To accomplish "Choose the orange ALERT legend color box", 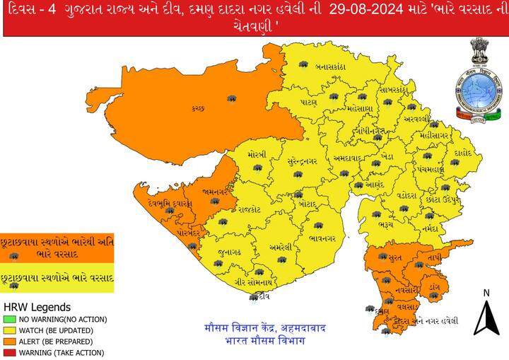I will pyautogui.click(x=8, y=342).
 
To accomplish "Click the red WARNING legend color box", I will pyautogui.click(x=8, y=352).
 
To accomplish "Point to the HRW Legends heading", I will pyautogui.click(x=37, y=308).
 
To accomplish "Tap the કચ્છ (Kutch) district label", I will pyautogui.click(x=198, y=108).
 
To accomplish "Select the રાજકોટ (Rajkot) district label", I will pyautogui.click(x=250, y=209).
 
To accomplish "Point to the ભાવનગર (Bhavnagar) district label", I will pyautogui.click(x=322, y=238).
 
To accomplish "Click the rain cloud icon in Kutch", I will pyautogui.click(x=231, y=98).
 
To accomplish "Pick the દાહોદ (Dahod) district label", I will pyautogui.click(x=464, y=151).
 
